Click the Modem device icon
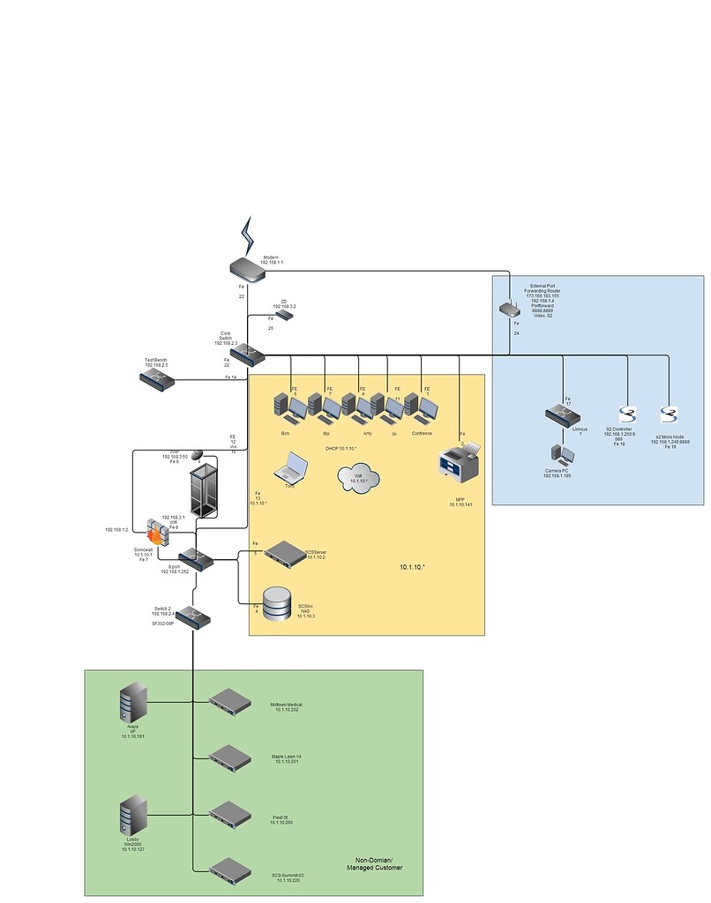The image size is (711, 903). click(248, 269)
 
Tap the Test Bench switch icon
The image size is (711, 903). click(157, 379)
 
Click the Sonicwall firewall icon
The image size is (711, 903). click(156, 529)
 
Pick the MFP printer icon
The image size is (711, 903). click(460, 461)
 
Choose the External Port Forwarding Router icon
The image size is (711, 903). click(509, 309)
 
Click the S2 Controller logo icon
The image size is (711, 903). click(627, 416)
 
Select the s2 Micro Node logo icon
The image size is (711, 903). click(669, 416)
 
